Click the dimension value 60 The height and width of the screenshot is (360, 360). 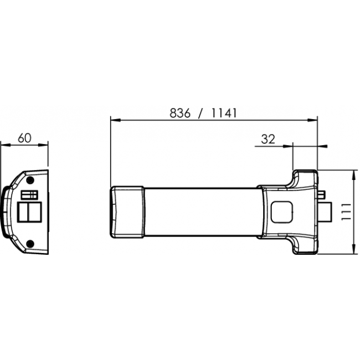[x=24, y=138]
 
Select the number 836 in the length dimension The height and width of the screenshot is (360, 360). [x=180, y=113]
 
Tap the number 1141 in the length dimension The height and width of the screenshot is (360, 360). [x=224, y=113]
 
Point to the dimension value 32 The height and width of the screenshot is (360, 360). [x=268, y=139]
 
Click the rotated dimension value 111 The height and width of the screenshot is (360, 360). [x=346, y=212]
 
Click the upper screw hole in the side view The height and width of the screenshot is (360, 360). [x=30, y=180]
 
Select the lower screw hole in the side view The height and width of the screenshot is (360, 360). [x=30, y=244]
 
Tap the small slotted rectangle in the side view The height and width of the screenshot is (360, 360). [x=29, y=195]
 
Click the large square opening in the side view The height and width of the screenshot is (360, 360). [x=29, y=212]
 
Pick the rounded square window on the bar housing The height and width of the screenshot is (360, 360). [x=282, y=212]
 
